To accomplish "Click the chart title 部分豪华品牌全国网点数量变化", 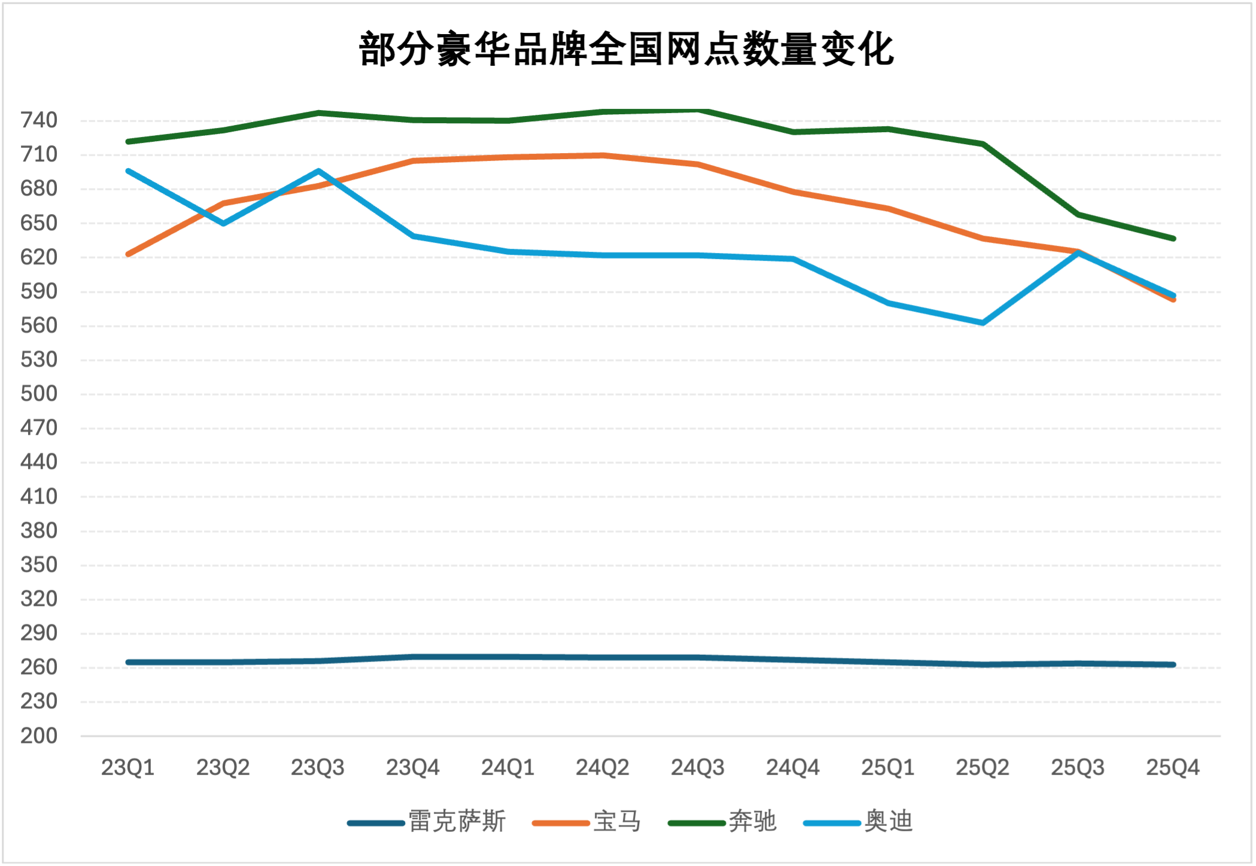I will point(627,49).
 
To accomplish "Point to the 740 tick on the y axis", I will point(39,120).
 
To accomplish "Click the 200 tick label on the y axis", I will point(39,736).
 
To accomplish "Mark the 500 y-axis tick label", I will point(39,394).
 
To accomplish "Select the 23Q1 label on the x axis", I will point(127,767).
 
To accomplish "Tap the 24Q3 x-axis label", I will point(698,767).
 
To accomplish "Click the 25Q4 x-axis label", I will point(1173,767).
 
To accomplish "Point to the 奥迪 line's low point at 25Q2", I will point(983,323).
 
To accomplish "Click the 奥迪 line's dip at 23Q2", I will point(223,224).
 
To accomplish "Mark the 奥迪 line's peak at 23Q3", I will point(318,171).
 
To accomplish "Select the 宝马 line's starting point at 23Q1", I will point(128,254).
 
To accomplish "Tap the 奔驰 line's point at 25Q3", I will point(1078,214).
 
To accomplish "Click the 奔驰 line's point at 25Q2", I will point(983,144).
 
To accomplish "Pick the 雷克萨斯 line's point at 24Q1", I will point(508,657).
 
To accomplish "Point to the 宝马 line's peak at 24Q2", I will point(603,155).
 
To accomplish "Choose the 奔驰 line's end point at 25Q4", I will point(1173,239).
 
